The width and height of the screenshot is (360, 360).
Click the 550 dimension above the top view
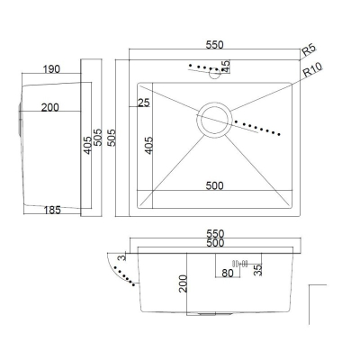(214, 45)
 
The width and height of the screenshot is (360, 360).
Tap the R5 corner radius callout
(309, 49)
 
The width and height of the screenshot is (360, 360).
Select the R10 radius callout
(312, 70)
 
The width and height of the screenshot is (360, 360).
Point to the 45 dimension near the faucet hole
(226, 67)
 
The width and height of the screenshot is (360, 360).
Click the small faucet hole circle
(215, 73)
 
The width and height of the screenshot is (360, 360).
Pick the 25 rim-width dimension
(143, 103)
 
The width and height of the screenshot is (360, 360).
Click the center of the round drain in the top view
(214, 120)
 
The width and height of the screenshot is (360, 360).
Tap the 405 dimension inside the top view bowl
(148, 146)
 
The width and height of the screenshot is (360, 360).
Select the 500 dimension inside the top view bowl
(214, 185)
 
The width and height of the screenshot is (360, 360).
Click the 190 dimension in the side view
(51, 69)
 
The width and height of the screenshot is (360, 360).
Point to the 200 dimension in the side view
(50, 107)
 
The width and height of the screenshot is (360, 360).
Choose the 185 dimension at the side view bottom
(52, 210)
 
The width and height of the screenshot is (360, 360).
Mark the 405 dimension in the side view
(87, 146)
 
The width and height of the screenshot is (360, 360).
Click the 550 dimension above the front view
(215, 233)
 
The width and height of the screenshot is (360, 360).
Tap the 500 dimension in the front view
(215, 242)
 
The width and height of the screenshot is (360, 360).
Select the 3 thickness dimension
(121, 257)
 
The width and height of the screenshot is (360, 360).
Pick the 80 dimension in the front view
(228, 273)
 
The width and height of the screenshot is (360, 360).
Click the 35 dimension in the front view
(257, 270)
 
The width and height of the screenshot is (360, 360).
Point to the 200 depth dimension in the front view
(183, 283)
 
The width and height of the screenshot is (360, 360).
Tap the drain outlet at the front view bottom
(209, 314)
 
